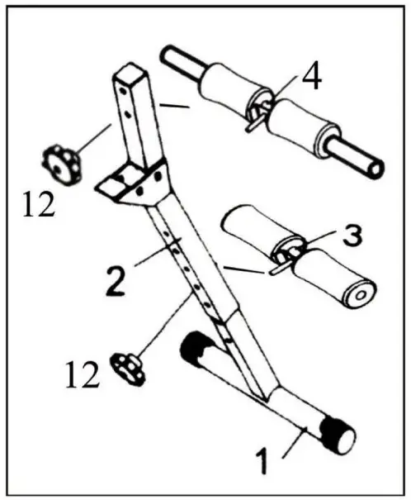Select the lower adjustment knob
pyautogui.click(x=129, y=366)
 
